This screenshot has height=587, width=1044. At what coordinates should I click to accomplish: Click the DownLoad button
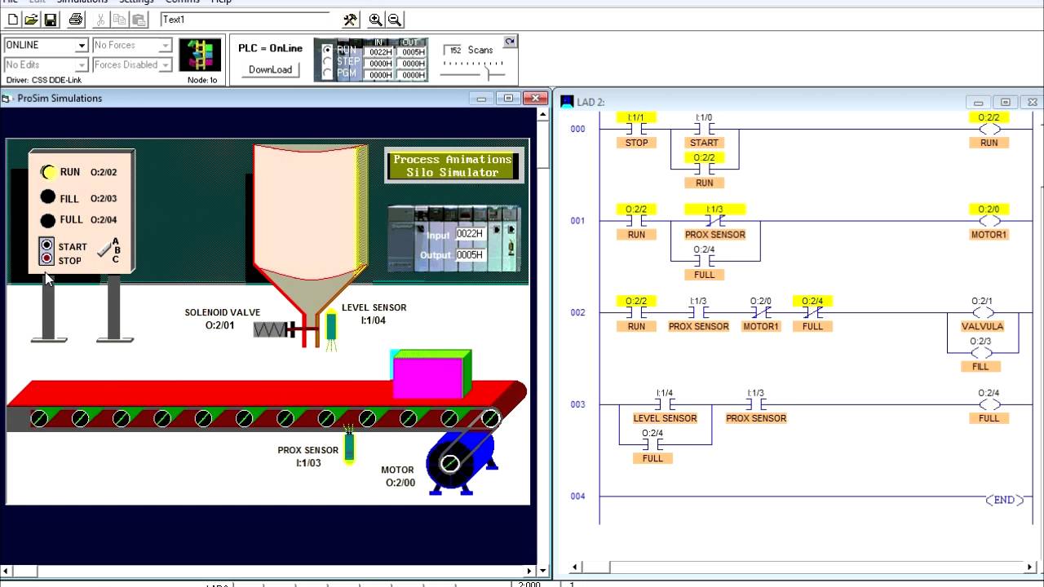pyautogui.click(x=270, y=69)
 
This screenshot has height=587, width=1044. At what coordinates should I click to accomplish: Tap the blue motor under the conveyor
pyautogui.click(x=457, y=463)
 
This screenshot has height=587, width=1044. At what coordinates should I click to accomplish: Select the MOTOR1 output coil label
pyautogui.click(x=989, y=235)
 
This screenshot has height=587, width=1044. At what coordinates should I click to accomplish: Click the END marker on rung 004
pyautogui.click(x=1004, y=500)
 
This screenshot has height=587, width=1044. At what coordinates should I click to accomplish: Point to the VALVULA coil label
pyautogui.click(x=983, y=326)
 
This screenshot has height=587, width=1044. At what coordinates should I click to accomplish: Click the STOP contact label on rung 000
pyautogui.click(x=636, y=143)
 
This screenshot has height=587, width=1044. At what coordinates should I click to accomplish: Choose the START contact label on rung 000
pyautogui.click(x=704, y=143)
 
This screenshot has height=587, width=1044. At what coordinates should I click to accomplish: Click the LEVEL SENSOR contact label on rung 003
pyautogui.click(x=665, y=418)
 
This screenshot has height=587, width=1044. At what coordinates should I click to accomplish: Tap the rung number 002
pyautogui.click(x=577, y=313)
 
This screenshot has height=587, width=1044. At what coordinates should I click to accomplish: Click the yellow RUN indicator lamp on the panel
pyautogui.click(x=48, y=172)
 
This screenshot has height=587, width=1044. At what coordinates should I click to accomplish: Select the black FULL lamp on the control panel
pyautogui.click(x=48, y=220)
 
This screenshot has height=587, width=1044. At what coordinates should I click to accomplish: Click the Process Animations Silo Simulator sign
pyautogui.click(x=452, y=166)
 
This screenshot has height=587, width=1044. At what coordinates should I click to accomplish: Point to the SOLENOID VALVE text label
pyautogui.click(x=222, y=312)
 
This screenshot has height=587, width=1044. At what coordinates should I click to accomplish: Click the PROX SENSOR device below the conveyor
pyautogui.click(x=349, y=445)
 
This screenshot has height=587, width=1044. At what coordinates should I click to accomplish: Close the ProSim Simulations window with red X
pyautogui.click(x=535, y=99)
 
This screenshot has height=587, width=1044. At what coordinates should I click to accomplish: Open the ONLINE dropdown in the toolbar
pyautogui.click(x=82, y=46)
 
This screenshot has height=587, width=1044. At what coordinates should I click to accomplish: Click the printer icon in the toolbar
pyautogui.click(x=76, y=20)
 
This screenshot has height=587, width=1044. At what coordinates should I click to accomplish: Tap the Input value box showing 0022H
pyautogui.click(x=470, y=233)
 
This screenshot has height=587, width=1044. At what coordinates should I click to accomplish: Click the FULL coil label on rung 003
pyautogui.click(x=989, y=418)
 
